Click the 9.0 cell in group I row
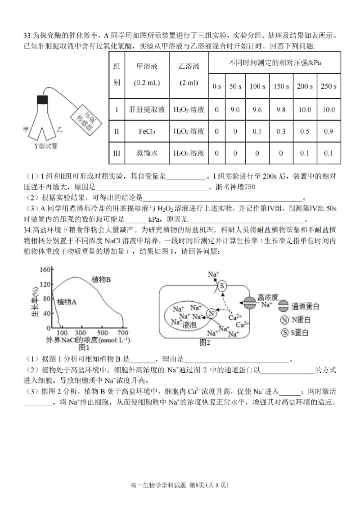click(234, 109)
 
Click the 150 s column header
click(281, 86)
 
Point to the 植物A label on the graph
click(67, 302)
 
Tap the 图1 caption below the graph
click(85, 347)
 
